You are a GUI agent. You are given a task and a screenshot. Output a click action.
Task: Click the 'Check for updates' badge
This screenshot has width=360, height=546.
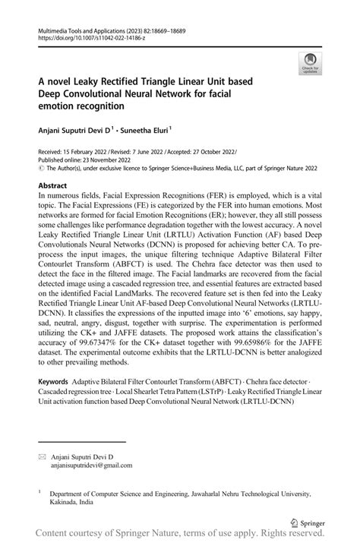[310, 65]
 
